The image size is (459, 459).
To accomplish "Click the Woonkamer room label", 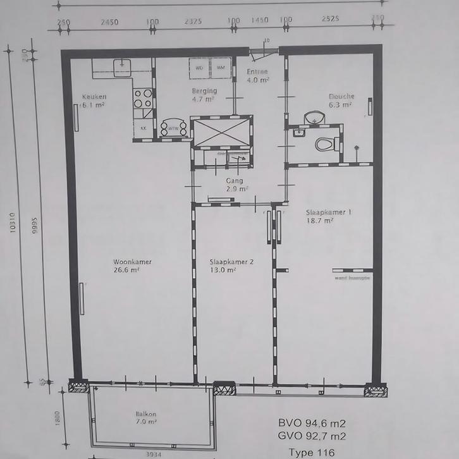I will pos(132,261).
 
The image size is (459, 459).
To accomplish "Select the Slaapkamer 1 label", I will pos(327,212).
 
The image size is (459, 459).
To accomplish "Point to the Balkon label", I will pos(145,414).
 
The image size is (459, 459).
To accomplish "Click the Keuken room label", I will pos(94,97).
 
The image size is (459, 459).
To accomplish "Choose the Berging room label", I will pos(204,91).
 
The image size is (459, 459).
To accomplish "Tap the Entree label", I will pos(257,72).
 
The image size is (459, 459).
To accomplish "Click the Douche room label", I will pos(341,97).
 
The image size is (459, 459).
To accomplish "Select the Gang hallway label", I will pos(235,180).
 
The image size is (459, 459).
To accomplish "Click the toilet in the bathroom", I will pos(325,144).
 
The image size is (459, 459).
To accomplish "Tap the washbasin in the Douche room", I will pos(314,118).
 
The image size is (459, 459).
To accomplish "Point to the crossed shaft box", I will pos(221,132).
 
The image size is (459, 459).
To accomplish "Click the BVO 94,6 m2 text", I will pos(312,423).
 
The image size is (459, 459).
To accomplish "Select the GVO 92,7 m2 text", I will pos(312,436).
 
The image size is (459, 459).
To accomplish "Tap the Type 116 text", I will pos(311,451).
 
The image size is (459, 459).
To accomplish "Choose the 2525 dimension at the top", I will pos(331,19).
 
